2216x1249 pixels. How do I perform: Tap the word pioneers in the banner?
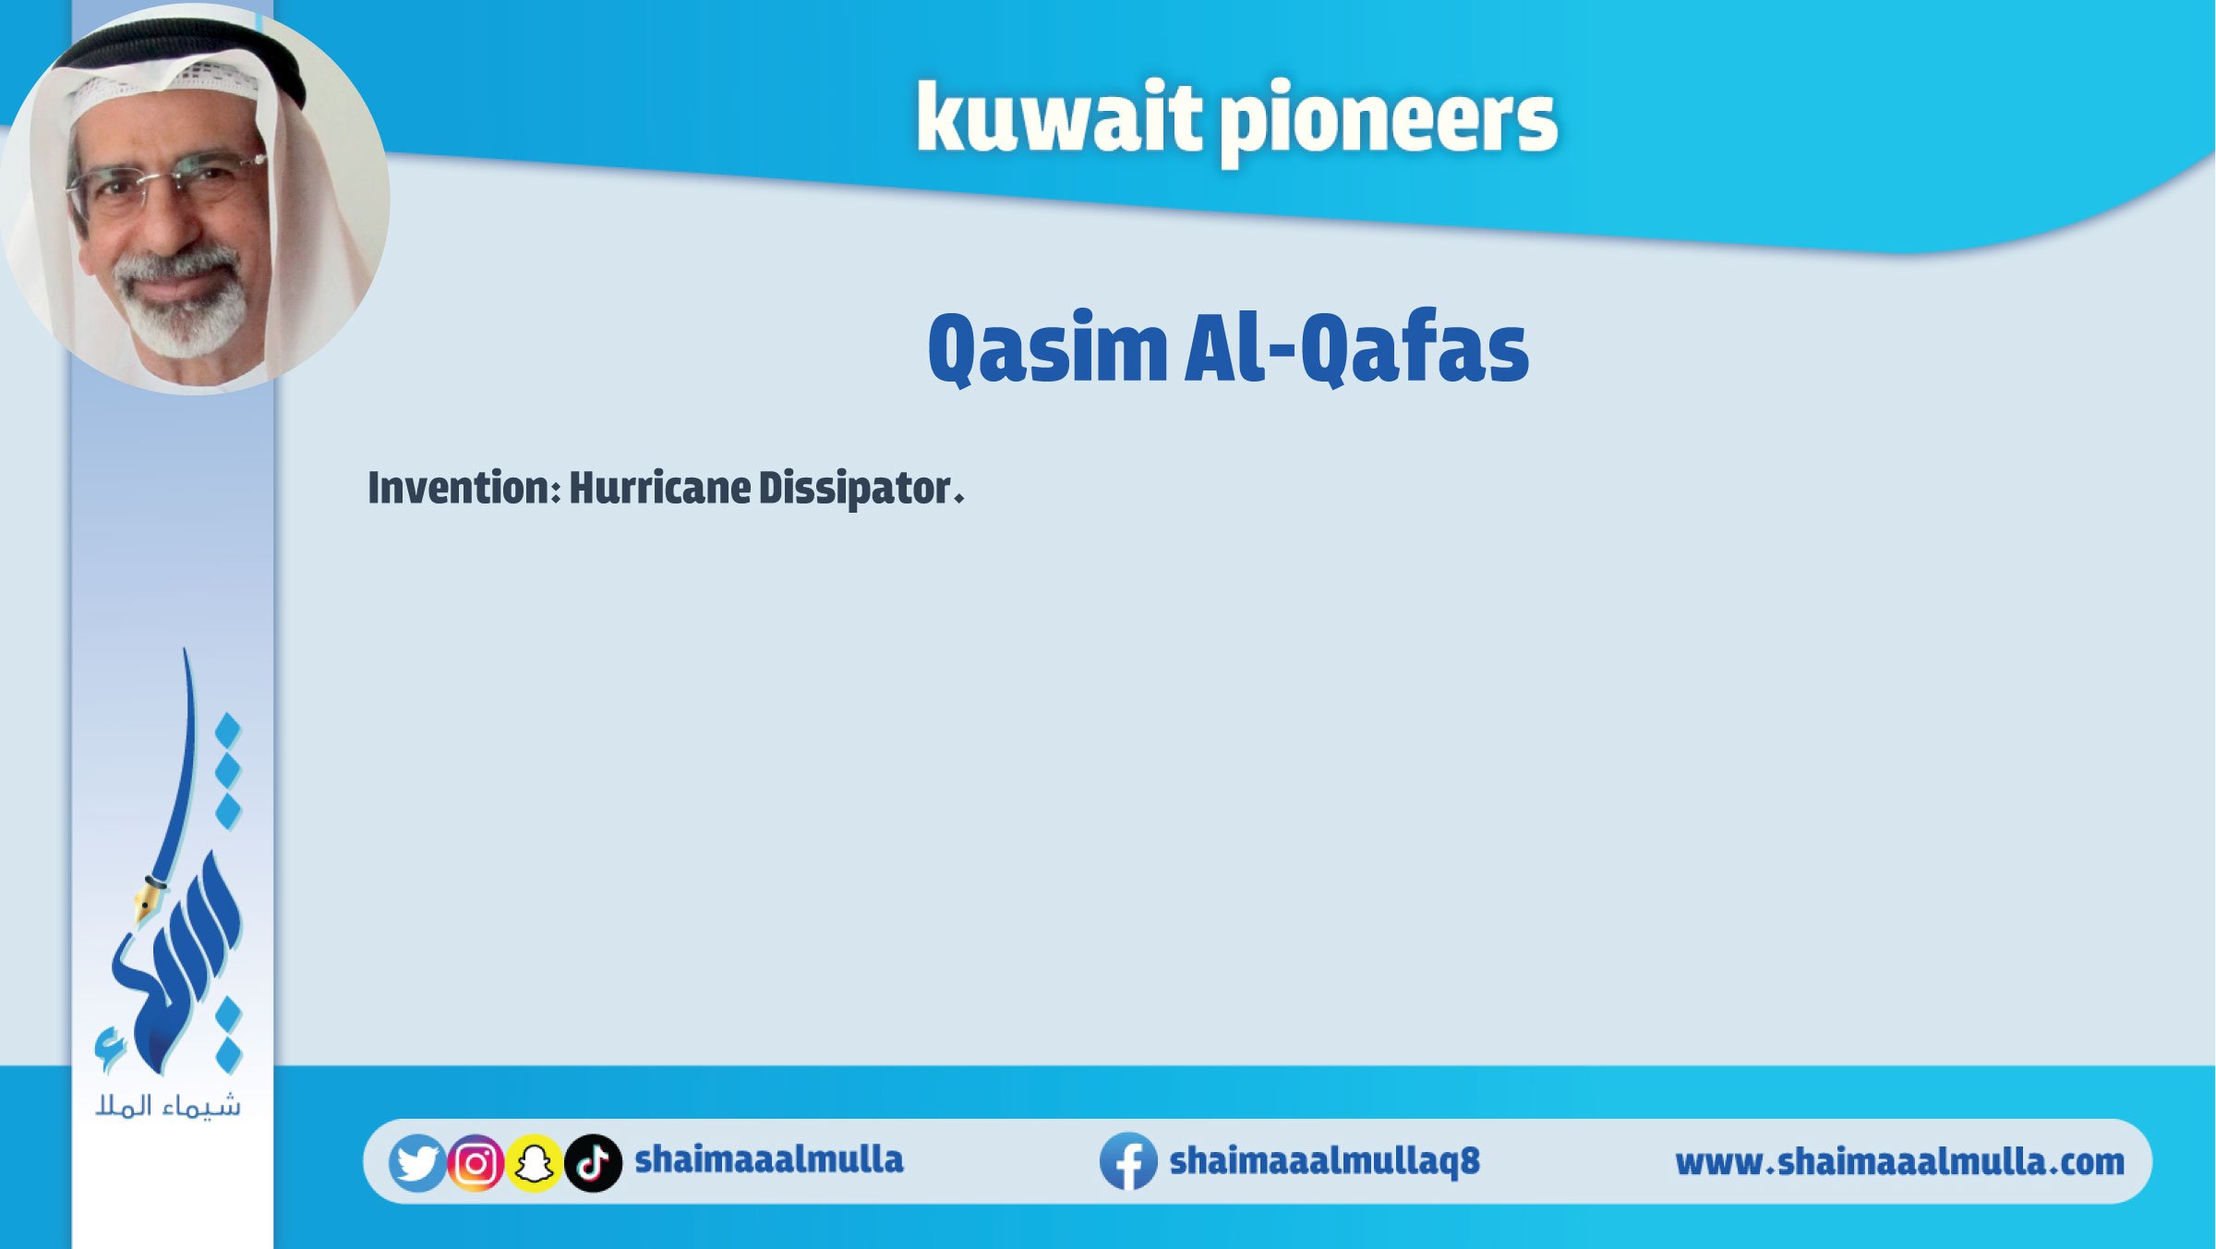coord(1389,125)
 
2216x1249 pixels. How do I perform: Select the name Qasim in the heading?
coord(1048,349)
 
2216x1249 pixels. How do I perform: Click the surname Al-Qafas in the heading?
coord(1356,349)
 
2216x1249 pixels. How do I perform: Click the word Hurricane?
coord(659,488)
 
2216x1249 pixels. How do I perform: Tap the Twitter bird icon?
coord(417,1163)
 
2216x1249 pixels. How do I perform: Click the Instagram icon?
coord(476,1163)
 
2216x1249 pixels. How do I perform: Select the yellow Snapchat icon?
coord(534,1163)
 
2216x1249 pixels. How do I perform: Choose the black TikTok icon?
coord(593,1163)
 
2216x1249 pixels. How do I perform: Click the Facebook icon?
coord(1128,1161)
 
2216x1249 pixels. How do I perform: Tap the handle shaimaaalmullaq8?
coord(1324,1161)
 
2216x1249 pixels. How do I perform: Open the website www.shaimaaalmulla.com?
coord(1899,1162)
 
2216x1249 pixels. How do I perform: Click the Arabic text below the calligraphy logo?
coord(168,1106)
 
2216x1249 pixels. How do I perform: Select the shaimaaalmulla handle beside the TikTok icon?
coord(769,1159)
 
